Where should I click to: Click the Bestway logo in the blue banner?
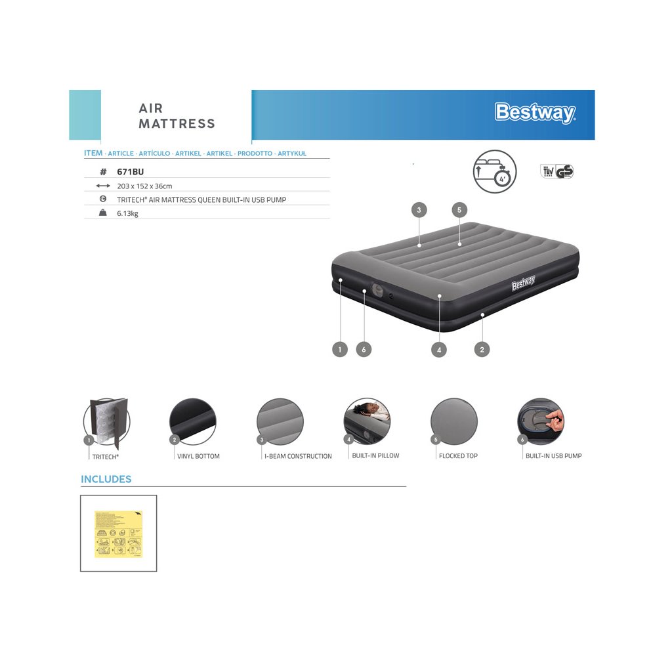(535, 113)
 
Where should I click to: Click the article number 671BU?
(130, 171)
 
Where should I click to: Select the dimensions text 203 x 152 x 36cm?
(144, 186)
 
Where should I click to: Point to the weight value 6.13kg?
(127, 213)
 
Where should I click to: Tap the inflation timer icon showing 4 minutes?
(495, 172)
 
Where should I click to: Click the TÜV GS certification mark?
(557, 171)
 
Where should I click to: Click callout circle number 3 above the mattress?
(419, 210)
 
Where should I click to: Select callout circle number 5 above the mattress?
(459, 210)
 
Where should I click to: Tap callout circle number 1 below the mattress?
(339, 349)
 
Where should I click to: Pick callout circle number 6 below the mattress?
(364, 349)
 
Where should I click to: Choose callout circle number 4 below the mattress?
(439, 350)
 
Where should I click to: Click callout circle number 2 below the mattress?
(482, 349)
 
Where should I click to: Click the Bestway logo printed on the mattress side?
(523, 283)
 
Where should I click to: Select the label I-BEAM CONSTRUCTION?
(298, 456)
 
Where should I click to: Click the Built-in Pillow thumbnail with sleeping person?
(367, 421)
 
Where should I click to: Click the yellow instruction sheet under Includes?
(119, 534)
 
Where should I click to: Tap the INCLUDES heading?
(106, 479)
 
